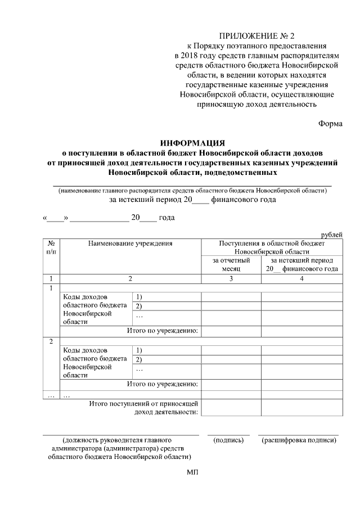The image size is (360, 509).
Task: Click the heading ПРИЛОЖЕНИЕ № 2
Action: point(256,37)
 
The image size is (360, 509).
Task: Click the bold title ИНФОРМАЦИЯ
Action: point(192,143)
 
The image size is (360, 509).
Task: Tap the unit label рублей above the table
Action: point(331,235)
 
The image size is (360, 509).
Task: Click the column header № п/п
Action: point(51,248)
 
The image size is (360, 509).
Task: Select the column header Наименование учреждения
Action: point(130,244)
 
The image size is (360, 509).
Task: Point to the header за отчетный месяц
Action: point(231,265)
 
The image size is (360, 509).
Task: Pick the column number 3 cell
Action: point(231,278)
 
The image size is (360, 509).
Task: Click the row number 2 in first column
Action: point(51,341)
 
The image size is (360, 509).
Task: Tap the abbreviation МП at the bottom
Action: point(192,472)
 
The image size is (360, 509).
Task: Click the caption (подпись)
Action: point(228,440)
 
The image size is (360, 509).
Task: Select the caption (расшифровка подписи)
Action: point(299,440)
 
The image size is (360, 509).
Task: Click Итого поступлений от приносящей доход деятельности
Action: point(144,408)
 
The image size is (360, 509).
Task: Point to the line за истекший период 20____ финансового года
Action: point(192,199)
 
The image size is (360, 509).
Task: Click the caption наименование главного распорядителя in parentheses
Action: point(192,190)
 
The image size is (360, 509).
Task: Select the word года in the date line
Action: point(167,218)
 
